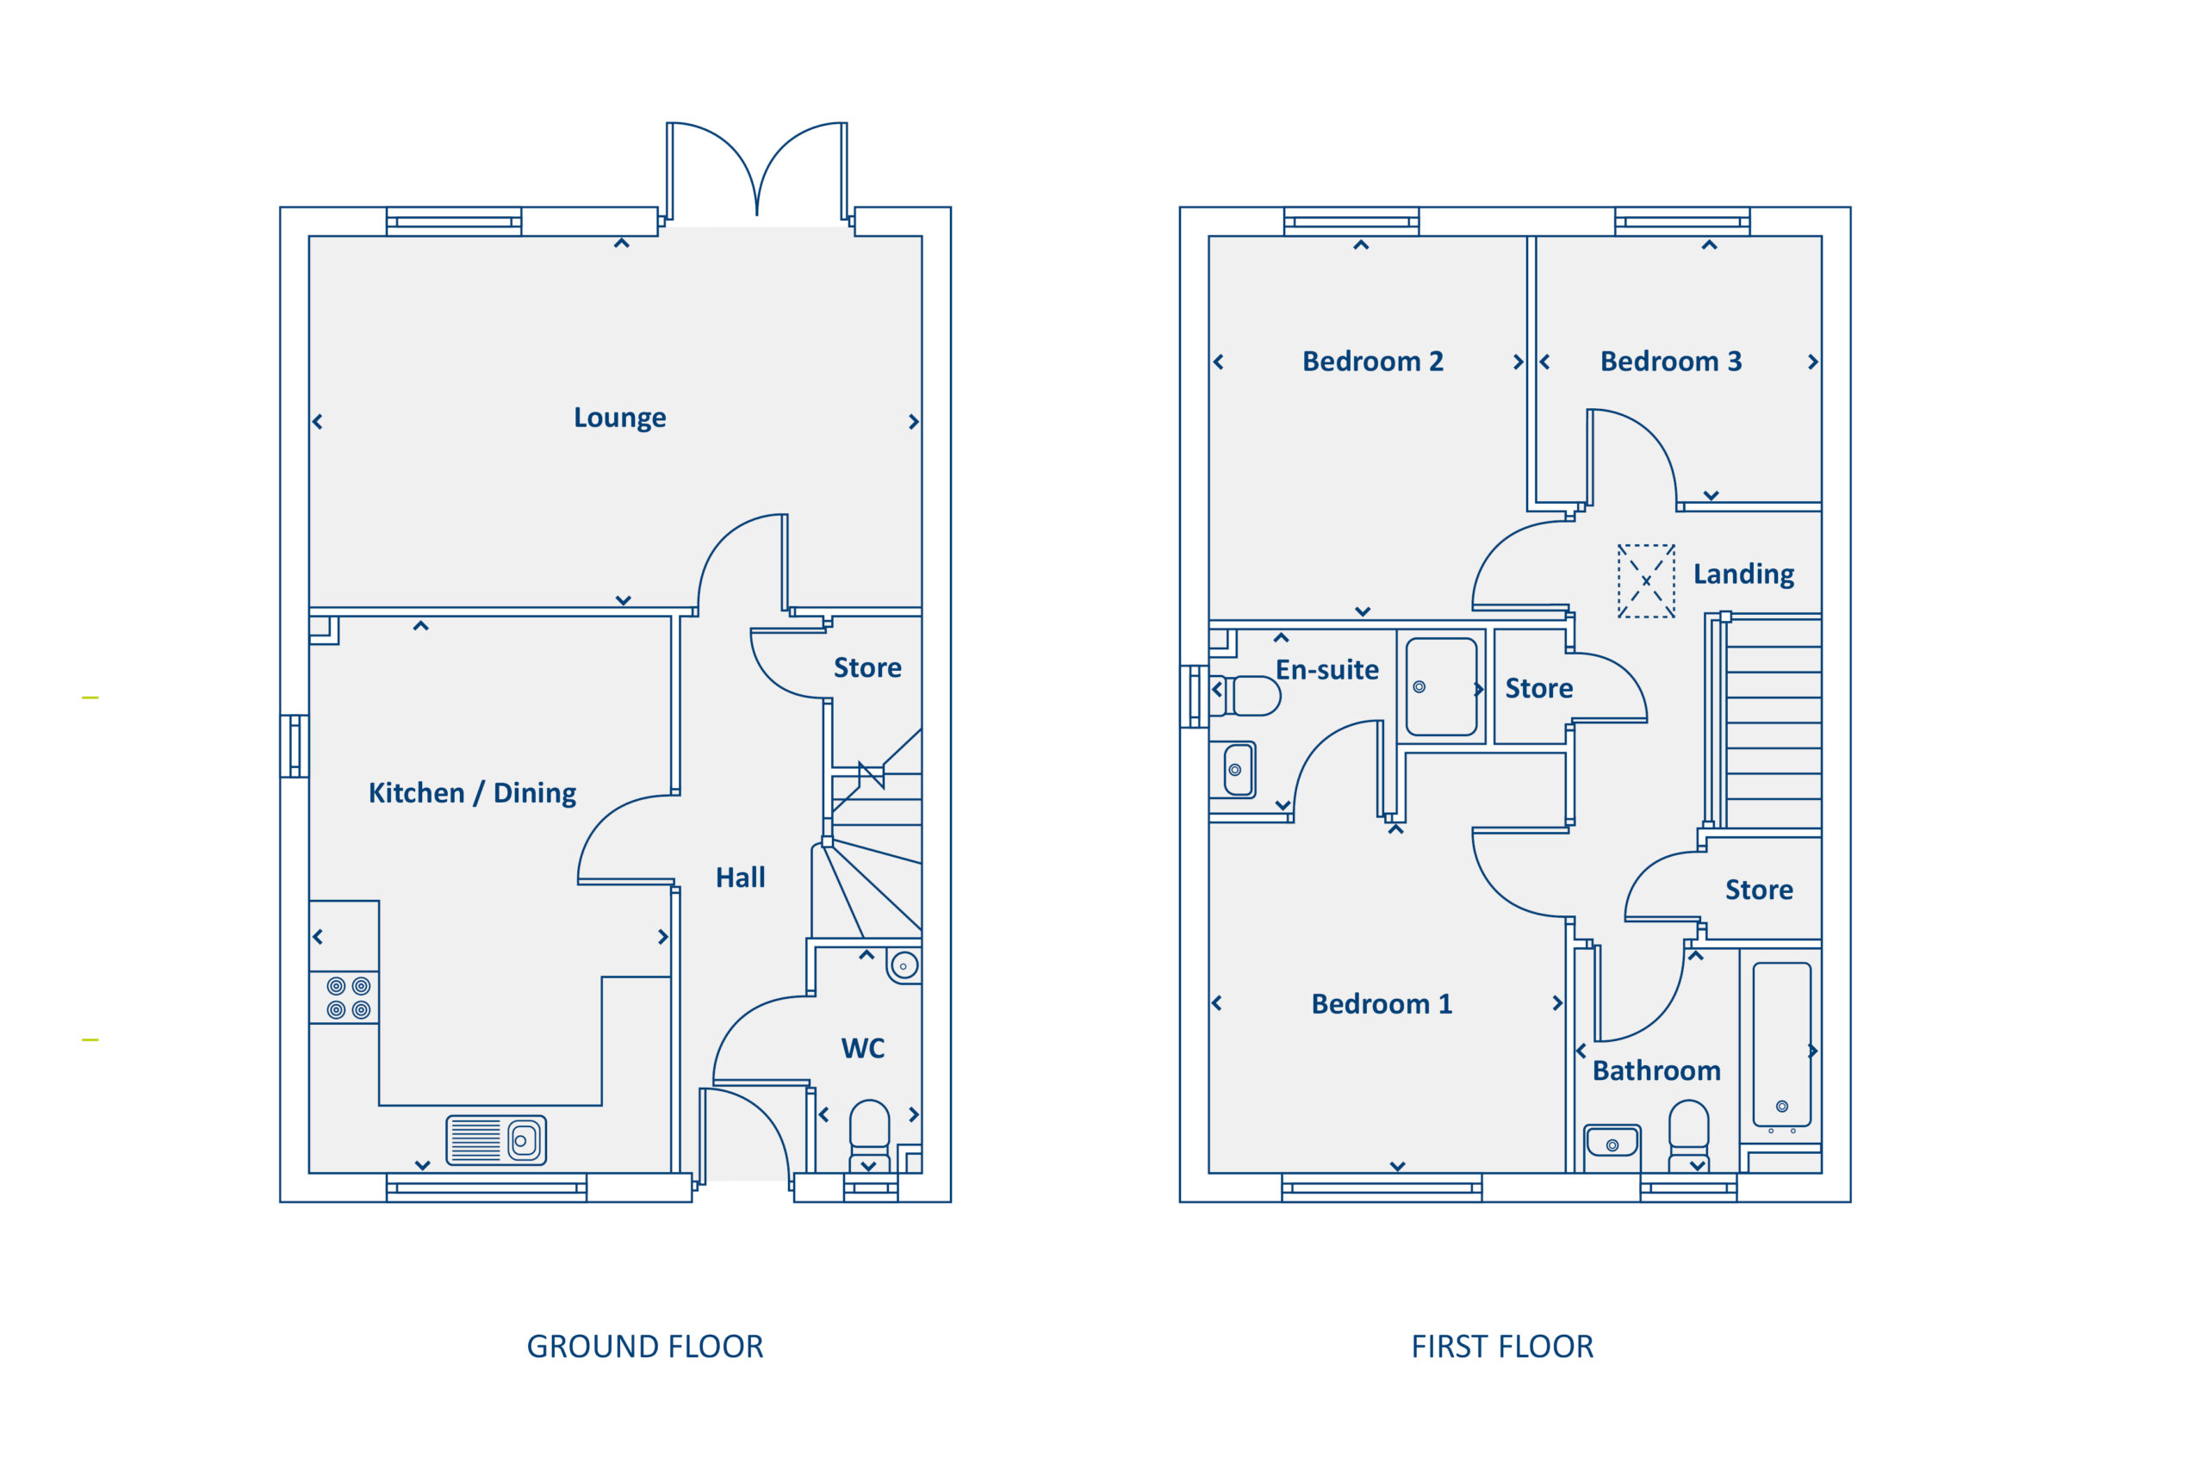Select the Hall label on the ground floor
[x=741, y=878]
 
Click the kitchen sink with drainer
[x=496, y=1140]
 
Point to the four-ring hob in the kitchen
[x=349, y=997]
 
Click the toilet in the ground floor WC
[x=869, y=1136]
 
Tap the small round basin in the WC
[x=904, y=965]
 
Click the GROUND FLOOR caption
[x=645, y=1347]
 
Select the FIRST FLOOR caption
[x=1502, y=1347]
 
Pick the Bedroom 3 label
[x=1671, y=361]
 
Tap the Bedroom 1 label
[x=1382, y=1004]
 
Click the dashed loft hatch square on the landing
[x=1646, y=581]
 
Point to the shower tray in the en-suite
[x=1442, y=687]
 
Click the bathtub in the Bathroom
[x=1782, y=1045]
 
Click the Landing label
[x=1743, y=574]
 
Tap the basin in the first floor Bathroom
[x=1612, y=1143]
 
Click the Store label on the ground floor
[x=868, y=667]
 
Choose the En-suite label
[x=1326, y=669]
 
